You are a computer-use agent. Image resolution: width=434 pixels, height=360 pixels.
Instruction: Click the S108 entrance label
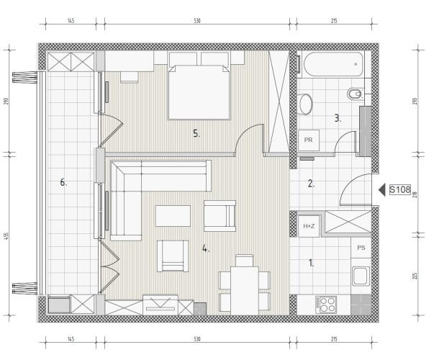pos(399,189)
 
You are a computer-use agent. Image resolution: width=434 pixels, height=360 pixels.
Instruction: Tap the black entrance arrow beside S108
pos(382,190)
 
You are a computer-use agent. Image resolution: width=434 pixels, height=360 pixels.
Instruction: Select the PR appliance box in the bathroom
pos(308,140)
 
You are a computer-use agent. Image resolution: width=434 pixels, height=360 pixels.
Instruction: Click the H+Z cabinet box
pos(309,226)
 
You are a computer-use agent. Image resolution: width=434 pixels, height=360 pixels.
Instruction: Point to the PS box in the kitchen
pos(361,248)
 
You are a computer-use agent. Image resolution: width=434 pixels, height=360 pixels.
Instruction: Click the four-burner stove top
pos(326,305)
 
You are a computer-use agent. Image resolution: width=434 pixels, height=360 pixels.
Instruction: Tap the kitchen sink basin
pos(361,276)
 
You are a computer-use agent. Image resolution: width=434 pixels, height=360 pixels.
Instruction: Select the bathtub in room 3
pos(333,65)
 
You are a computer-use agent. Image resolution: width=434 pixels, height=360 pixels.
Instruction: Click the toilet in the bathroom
pos(355,94)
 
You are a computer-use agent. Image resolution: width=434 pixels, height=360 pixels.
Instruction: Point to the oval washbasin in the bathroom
pos(306,104)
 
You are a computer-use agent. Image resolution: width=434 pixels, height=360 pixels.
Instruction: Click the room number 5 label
pos(196,134)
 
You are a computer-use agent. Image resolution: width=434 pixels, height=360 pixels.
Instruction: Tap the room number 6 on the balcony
pos(63,182)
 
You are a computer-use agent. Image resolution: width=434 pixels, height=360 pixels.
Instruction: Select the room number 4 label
pos(205,248)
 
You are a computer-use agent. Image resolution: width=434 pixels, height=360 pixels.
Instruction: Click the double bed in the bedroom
pos(199,92)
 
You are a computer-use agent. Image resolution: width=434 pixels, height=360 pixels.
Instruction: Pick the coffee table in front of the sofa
pos(173,216)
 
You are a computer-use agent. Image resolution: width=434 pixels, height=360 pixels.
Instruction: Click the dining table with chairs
pos(245,284)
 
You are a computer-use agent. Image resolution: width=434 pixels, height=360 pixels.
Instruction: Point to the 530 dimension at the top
pos(196,21)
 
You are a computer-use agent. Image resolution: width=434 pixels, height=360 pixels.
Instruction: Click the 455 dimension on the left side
pos(7,236)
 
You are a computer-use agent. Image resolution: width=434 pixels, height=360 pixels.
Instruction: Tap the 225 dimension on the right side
pos(415,276)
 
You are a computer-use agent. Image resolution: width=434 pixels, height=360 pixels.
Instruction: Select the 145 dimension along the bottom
pos(71,339)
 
